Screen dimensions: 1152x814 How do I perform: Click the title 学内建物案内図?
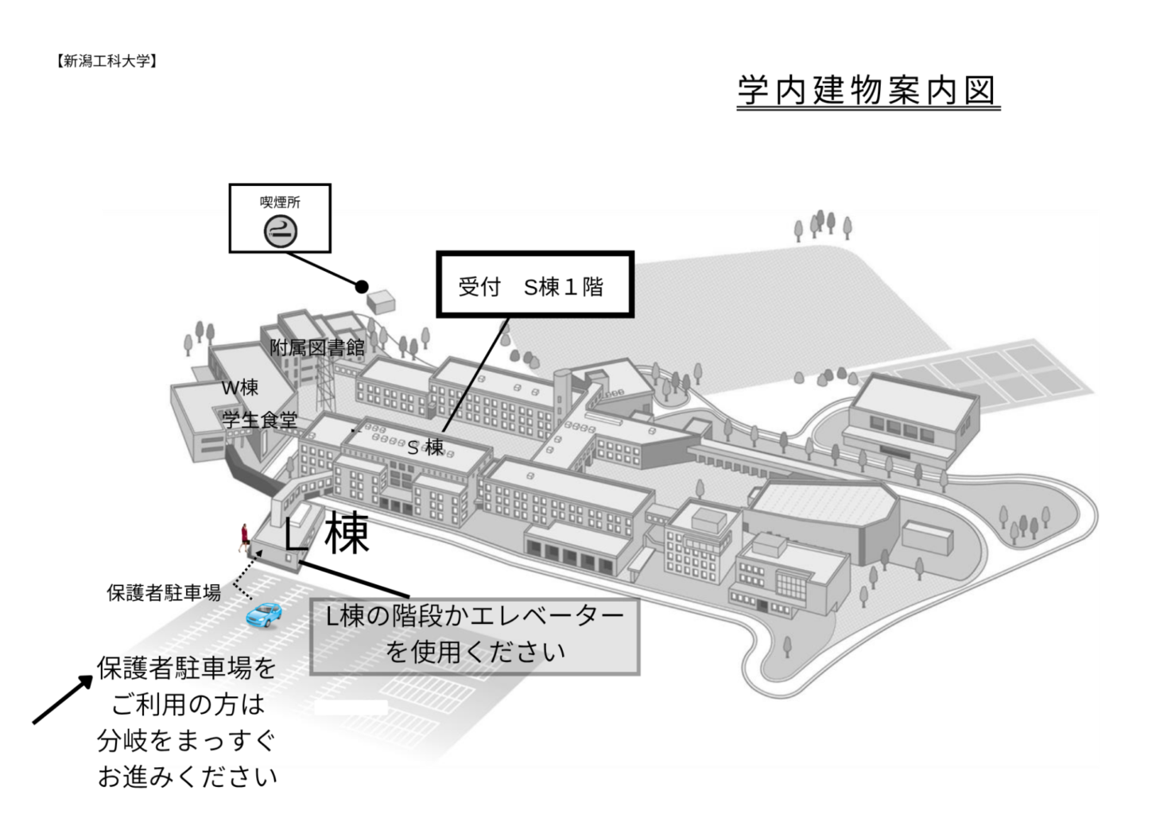click(x=867, y=91)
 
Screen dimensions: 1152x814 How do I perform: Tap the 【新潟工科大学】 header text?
click(x=107, y=61)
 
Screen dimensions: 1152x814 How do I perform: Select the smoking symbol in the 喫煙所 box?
click(x=281, y=231)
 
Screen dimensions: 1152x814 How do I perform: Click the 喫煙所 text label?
click(x=280, y=202)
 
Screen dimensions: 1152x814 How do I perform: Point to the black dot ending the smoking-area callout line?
click(x=362, y=286)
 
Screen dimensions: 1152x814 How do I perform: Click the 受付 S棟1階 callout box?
click(x=535, y=284)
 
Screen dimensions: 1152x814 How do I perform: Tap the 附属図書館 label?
click(x=317, y=348)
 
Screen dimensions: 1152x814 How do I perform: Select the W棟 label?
click(x=239, y=387)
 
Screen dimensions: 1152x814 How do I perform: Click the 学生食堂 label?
click(x=260, y=420)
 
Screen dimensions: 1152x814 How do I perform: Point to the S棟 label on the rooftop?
click(x=425, y=447)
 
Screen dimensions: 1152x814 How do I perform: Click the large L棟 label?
click(x=327, y=533)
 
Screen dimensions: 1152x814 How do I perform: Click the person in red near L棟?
click(x=244, y=538)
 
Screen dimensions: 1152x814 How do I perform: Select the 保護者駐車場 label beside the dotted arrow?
click(x=164, y=593)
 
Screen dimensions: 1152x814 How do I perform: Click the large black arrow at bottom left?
click(x=63, y=700)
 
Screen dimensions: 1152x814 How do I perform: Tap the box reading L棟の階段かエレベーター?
click(x=475, y=636)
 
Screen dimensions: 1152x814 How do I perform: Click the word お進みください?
click(x=187, y=777)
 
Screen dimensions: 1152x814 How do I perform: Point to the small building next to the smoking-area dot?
click(x=381, y=302)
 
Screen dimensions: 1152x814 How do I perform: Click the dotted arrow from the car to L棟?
click(x=246, y=575)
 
